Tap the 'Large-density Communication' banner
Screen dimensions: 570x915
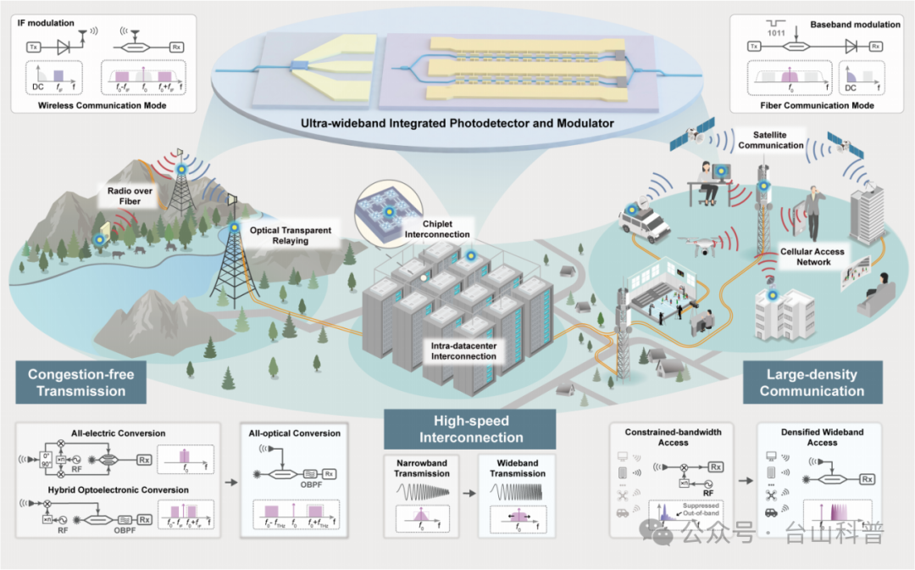click(812, 383)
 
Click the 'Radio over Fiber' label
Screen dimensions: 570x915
click(130, 196)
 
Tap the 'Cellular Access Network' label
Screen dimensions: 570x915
click(812, 257)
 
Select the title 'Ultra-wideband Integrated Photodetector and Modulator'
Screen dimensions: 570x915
click(457, 123)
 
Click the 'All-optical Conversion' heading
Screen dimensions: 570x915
click(295, 433)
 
